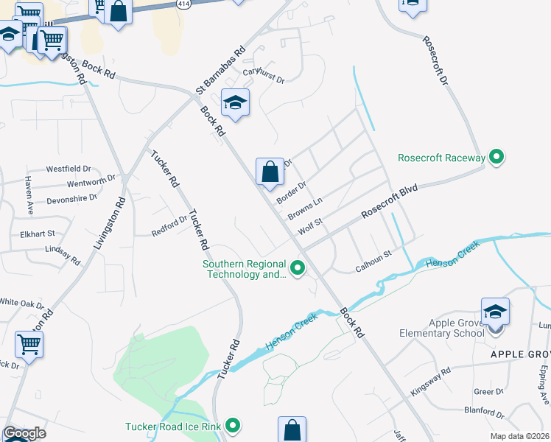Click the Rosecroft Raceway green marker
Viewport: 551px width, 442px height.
coord(496,157)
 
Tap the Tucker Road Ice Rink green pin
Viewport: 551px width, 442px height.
coord(234,426)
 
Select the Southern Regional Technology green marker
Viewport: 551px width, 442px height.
coord(298,269)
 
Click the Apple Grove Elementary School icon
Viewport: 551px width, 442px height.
coord(495,314)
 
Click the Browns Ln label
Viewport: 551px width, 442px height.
coord(305,208)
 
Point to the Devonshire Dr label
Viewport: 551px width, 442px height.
coord(71,198)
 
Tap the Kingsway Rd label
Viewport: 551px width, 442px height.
coord(430,382)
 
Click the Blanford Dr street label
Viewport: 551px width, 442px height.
coord(483,413)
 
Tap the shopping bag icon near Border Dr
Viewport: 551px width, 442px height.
coord(270,172)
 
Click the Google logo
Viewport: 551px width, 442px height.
coord(24,433)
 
